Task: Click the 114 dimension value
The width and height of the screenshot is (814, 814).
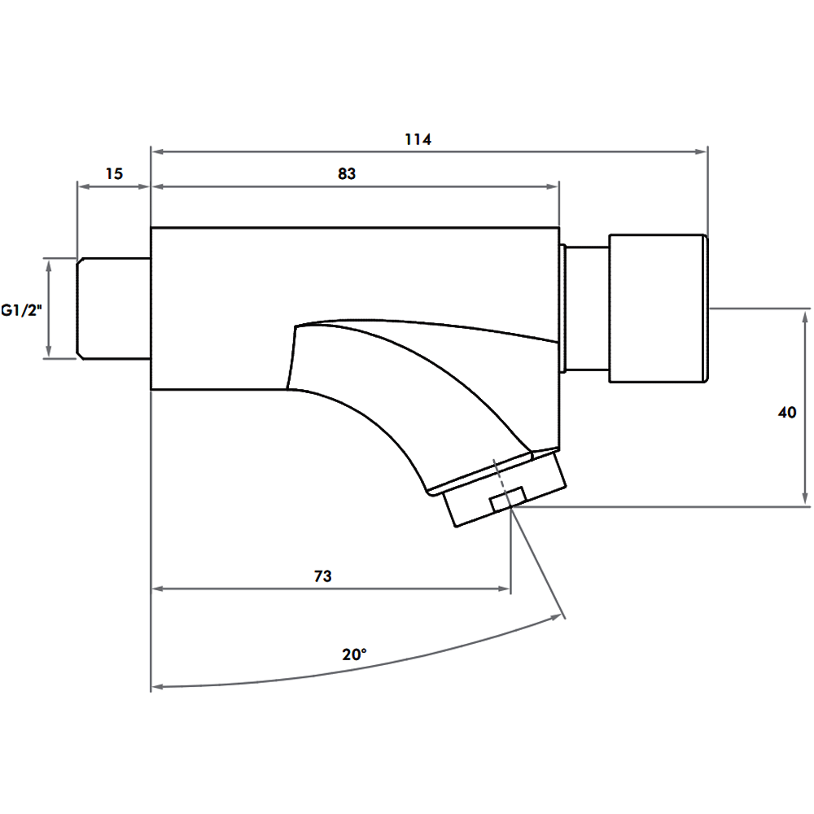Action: point(418,139)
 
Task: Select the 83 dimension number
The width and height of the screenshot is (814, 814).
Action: point(347,174)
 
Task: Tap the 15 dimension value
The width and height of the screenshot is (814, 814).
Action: point(114,174)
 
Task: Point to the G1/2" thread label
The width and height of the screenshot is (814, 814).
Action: point(20,309)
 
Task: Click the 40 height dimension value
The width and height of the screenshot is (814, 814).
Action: point(786,413)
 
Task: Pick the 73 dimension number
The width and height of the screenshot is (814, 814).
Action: point(322,576)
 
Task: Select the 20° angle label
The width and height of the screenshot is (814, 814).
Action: point(354,654)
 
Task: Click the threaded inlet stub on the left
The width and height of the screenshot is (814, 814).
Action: point(114,308)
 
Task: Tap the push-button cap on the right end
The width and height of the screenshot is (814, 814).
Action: point(658,308)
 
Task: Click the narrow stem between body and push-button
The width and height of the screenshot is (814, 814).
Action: point(587,308)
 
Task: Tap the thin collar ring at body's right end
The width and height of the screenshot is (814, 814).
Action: point(562,308)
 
